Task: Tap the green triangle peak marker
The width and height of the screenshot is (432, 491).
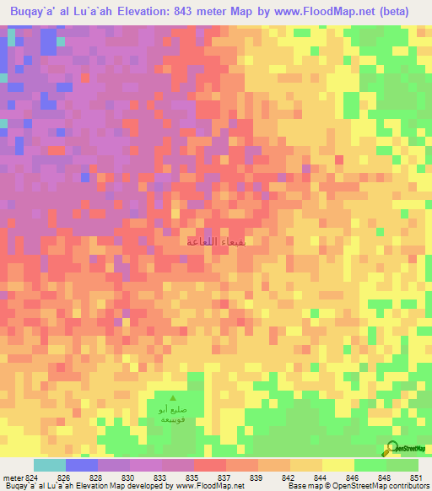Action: (174, 399)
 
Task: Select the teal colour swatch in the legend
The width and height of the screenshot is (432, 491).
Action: (50, 465)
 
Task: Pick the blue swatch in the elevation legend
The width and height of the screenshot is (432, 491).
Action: (82, 465)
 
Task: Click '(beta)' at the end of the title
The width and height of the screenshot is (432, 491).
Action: (408, 12)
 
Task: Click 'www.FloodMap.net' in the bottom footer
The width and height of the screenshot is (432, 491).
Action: (210, 486)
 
